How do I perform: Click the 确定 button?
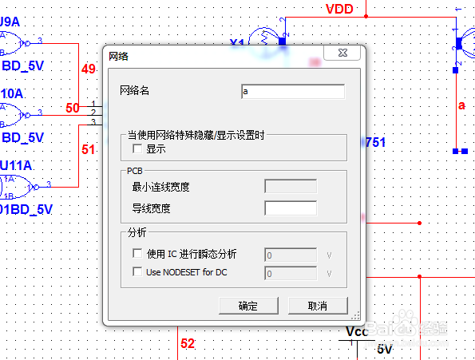(247, 306)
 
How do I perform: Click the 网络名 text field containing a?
(292, 92)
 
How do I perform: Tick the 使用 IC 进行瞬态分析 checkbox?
(137, 254)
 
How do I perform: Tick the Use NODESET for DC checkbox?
(137, 272)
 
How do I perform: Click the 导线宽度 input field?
(291, 208)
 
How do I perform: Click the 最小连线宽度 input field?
(291, 187)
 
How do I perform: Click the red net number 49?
(89, 69)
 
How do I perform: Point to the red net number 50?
(72, 108)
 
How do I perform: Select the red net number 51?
(89, 148)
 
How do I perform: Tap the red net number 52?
(187, 344)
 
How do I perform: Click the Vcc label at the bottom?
(356, 331)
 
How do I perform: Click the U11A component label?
(16, 165)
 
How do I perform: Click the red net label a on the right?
(461, 105)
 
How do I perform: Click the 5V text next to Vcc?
(385, 349)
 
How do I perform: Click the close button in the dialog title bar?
(334, 57)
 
